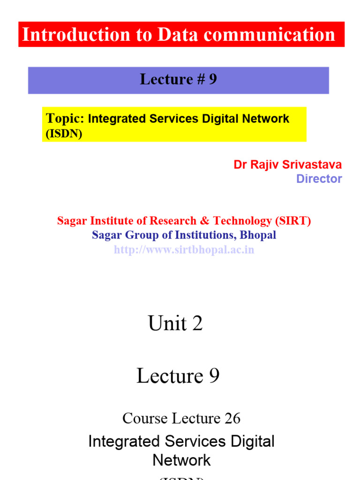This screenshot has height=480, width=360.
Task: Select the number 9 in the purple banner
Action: pyautogui.click(x=213, y=80)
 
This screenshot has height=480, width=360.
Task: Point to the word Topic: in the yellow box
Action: pyautogui.click(x=65, y=119)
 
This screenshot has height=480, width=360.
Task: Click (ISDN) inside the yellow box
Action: pyautogui.click(x=64, y=134)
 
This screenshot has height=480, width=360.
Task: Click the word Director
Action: pyautogui.click(x=319, y=179)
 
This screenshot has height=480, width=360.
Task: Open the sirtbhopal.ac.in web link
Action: pyautogui.click(x=184, y=249)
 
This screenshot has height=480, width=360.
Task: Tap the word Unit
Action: pyautogui.click(x=167, y=323)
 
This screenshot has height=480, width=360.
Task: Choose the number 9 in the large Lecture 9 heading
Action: pyautogui.click(x=214, y=376)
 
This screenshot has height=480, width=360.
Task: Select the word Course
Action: pyautogui.click(x=145, y=418)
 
